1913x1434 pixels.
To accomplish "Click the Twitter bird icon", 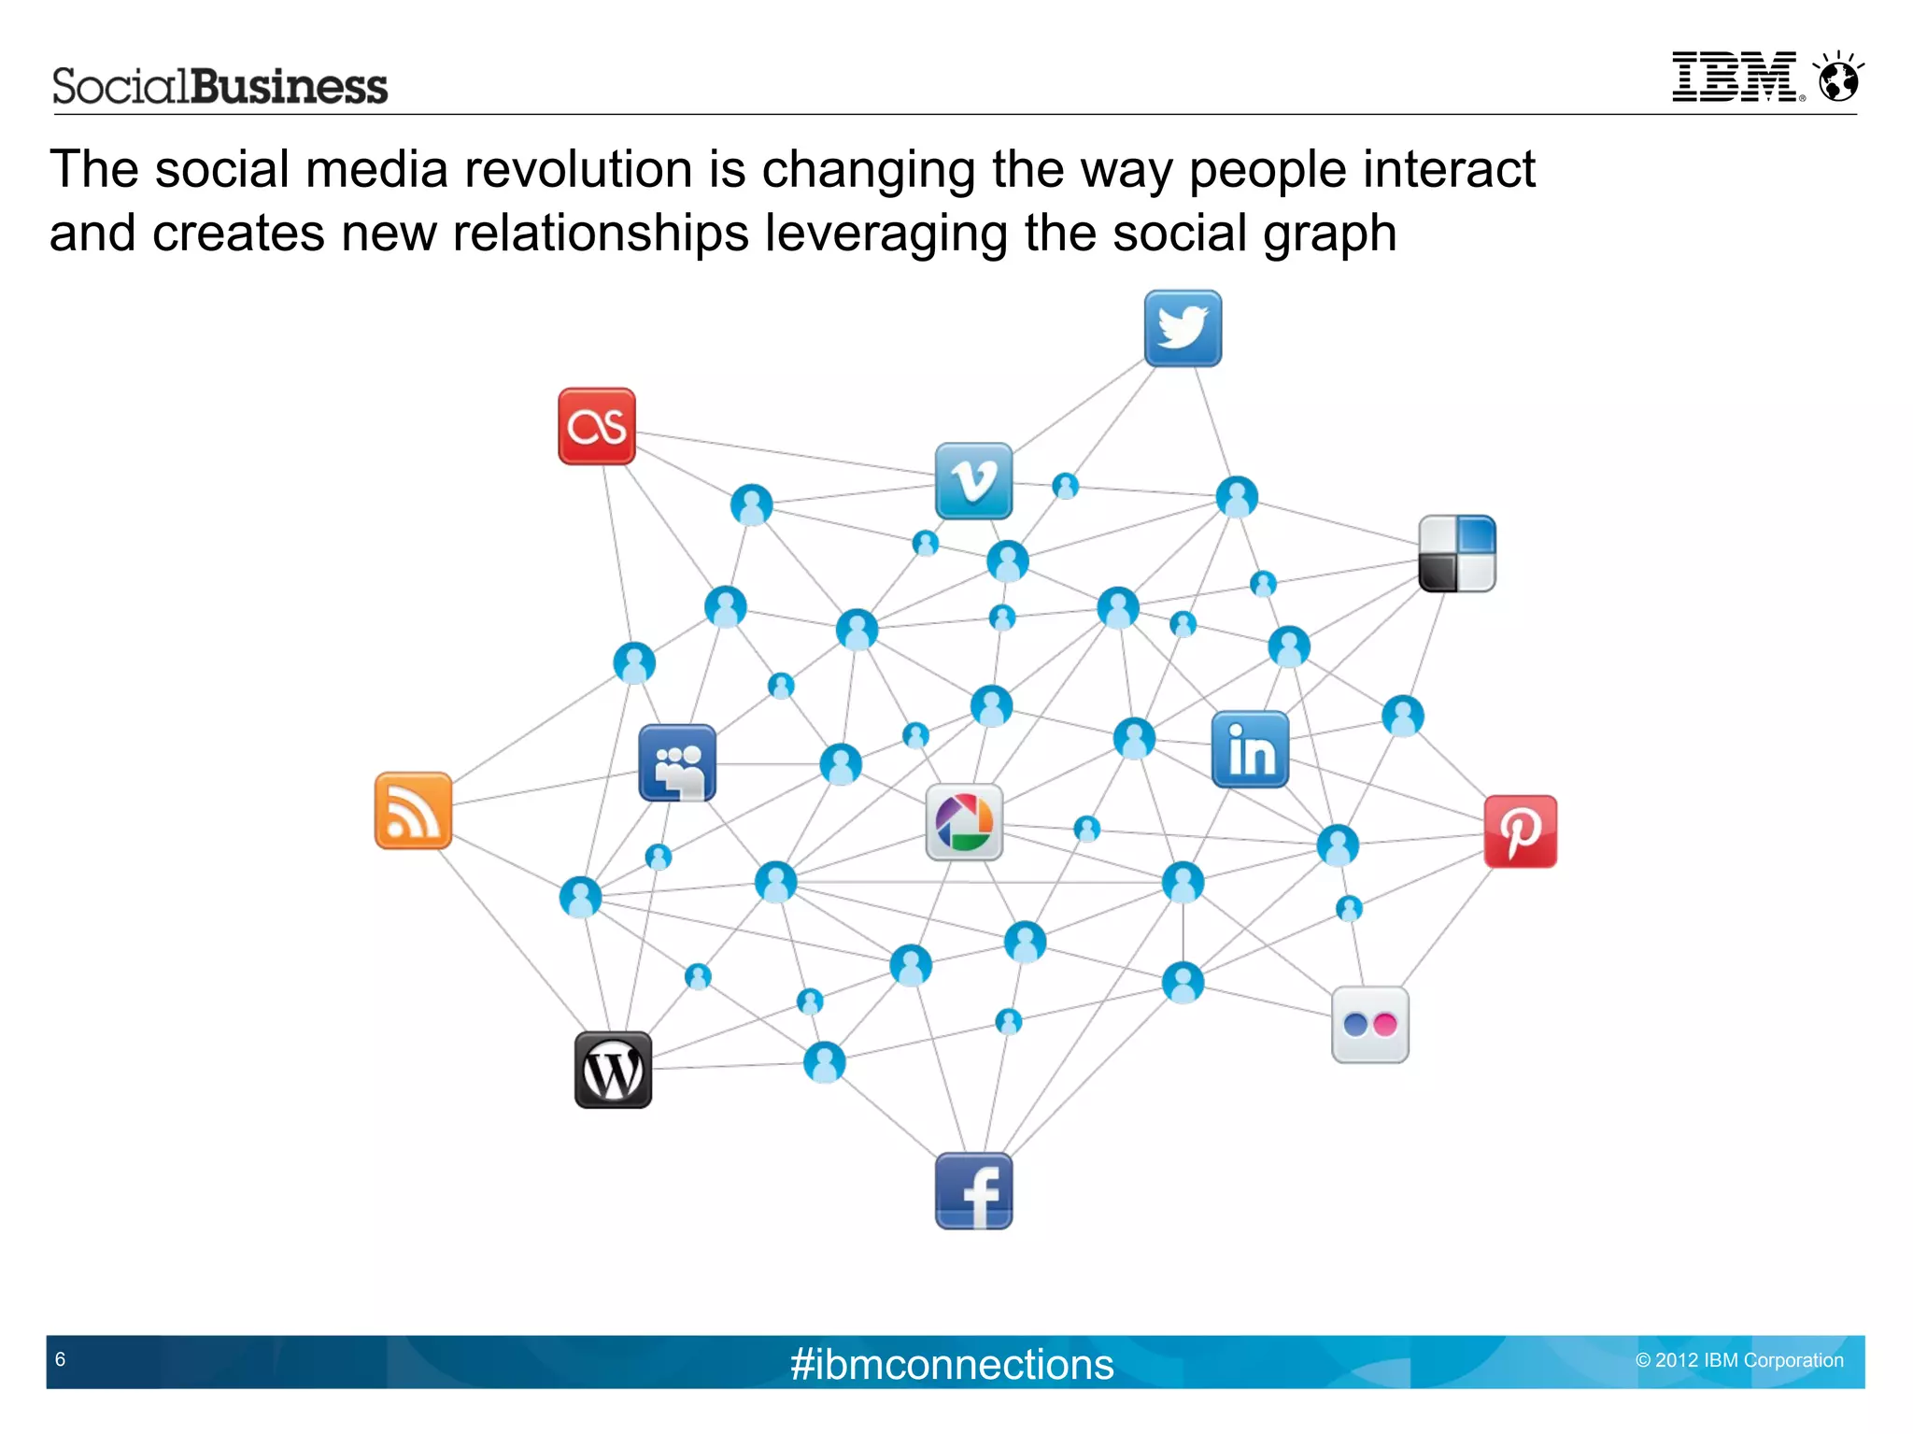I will coord(1183,328).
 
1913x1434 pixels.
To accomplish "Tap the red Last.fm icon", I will coord(597,427).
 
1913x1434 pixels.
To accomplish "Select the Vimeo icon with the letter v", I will coord(973,481).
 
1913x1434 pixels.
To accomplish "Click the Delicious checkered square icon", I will coord(1456,554).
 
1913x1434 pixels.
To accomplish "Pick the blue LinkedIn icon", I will coord(1250,749).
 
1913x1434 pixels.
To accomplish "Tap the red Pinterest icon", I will coord(1520,831).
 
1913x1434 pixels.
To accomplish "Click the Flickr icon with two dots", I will coord(1369,1025).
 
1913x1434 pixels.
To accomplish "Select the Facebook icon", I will coord(973,1192).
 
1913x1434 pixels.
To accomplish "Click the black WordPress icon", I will coord(613,1071).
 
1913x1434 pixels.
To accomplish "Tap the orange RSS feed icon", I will coord(413,811).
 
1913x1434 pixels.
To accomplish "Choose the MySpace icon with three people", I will coord(677,763).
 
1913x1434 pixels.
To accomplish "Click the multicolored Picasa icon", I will coord(964,822).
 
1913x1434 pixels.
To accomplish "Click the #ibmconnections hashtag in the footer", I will coord(952,1364).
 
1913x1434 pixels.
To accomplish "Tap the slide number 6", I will coord(61,1359).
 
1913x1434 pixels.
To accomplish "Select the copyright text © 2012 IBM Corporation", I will coord(1739,1360).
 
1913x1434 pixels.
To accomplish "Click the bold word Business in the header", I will coord(290,87).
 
